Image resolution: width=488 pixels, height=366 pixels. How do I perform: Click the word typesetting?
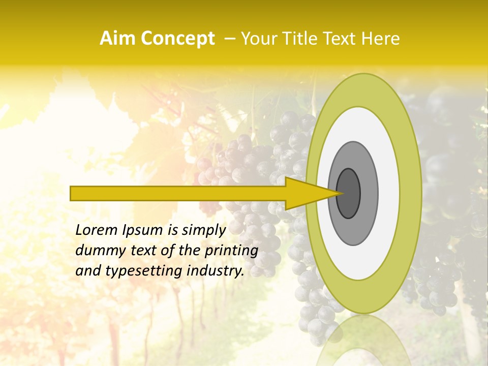[x=136, y=271]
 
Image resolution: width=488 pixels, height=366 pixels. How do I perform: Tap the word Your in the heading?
[x=257, y=38]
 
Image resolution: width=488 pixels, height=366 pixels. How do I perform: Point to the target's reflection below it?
[x=364, y=341]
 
